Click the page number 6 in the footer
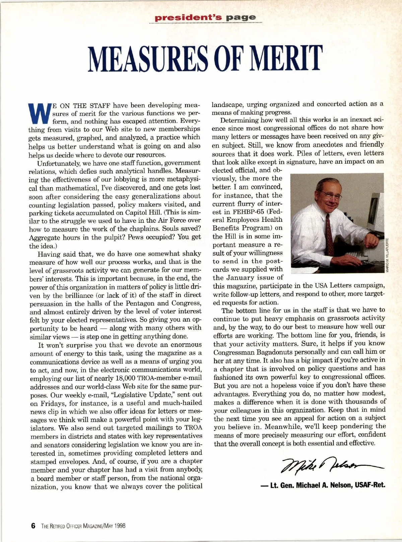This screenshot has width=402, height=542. [x=33, y=526]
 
